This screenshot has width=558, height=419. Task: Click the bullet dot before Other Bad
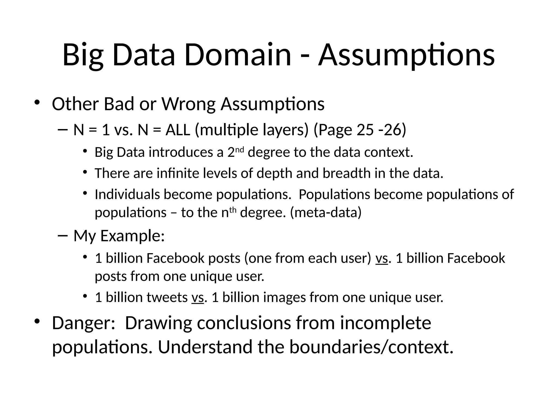37,102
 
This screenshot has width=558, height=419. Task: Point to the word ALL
178,130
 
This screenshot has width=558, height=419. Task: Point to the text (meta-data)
326,212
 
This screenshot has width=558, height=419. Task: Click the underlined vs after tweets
198,297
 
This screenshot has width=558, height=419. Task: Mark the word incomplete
385,323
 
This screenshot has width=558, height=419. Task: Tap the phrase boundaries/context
371,347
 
